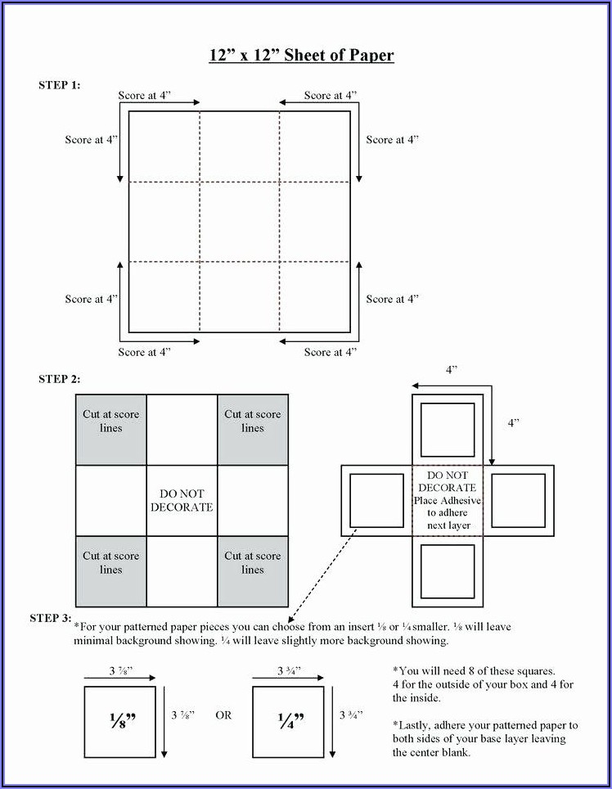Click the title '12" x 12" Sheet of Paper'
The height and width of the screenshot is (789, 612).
[301, 56]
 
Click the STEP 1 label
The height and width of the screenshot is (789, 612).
[60, 85]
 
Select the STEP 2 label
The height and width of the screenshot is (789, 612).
[60, 379]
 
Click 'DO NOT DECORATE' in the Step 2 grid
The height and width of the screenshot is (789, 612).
[182, 500]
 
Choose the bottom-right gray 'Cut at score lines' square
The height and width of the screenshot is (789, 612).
[253, 571]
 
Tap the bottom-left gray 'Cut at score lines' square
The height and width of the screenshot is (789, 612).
[111, 571]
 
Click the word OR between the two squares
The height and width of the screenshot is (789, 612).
[223, 715]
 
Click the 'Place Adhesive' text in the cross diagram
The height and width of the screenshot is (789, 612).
[448, 500]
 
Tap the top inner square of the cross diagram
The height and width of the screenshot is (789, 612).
[448, 430]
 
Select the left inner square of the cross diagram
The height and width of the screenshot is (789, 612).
[376, 500]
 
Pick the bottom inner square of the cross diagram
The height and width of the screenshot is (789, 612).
[448, 570]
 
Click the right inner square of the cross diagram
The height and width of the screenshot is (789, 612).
[518, 500]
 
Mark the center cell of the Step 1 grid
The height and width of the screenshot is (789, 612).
[240, 222]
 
